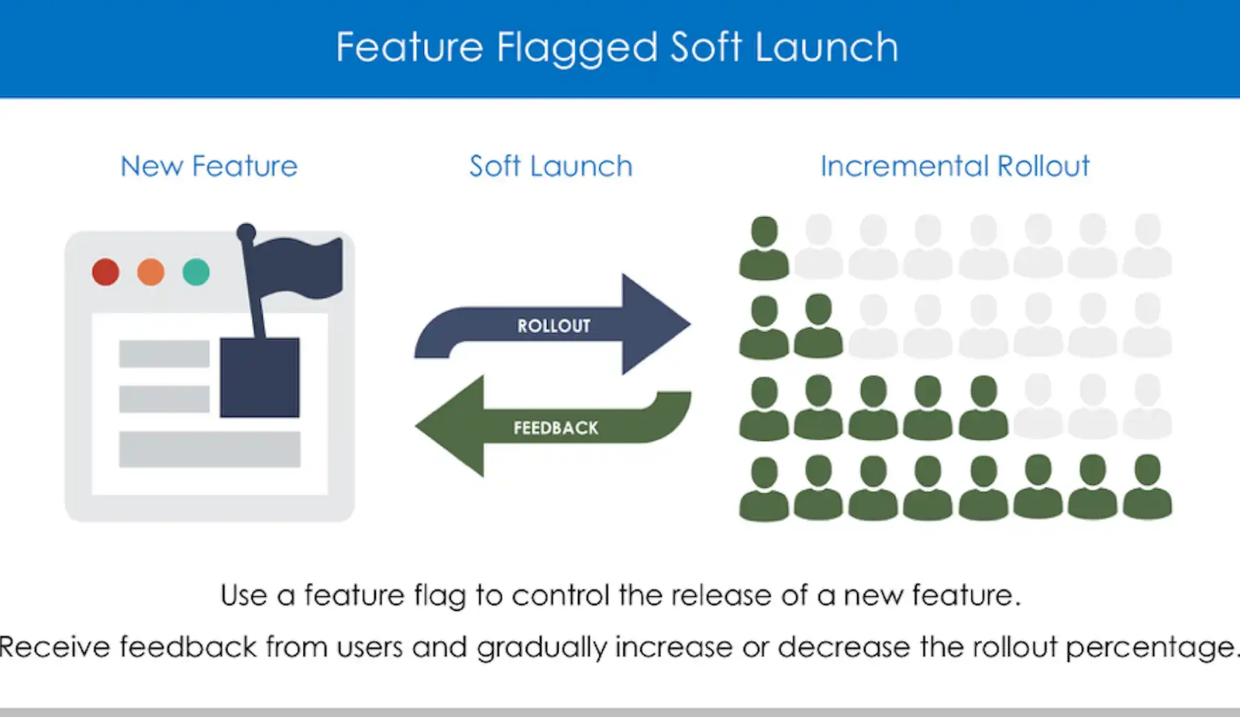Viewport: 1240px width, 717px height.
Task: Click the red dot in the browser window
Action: (105, 272)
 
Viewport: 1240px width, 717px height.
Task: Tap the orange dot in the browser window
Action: (150, 272)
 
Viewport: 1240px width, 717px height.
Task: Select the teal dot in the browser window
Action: (196, 272)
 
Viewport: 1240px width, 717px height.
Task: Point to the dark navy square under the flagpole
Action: (260, 377)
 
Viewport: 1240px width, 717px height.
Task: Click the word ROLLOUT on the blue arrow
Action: (553, 326)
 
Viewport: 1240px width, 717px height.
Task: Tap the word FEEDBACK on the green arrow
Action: (556, 428)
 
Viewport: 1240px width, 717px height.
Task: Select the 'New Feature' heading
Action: (209, 166)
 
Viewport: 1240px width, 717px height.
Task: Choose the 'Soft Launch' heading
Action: (551, 166)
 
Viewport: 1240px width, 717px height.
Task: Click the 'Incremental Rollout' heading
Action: (955, 166)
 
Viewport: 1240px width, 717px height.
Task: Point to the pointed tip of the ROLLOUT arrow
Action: (691, 324)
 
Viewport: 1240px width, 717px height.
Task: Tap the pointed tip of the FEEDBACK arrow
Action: (416, 426)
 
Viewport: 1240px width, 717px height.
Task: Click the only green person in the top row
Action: (764, 247)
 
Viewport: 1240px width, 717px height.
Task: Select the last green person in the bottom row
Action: (1147, 488)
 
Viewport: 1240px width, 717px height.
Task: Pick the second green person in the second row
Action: (818, 326)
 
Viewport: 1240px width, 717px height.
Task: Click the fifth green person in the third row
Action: (983, 408)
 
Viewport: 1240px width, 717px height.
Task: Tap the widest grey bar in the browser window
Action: (210, 449)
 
